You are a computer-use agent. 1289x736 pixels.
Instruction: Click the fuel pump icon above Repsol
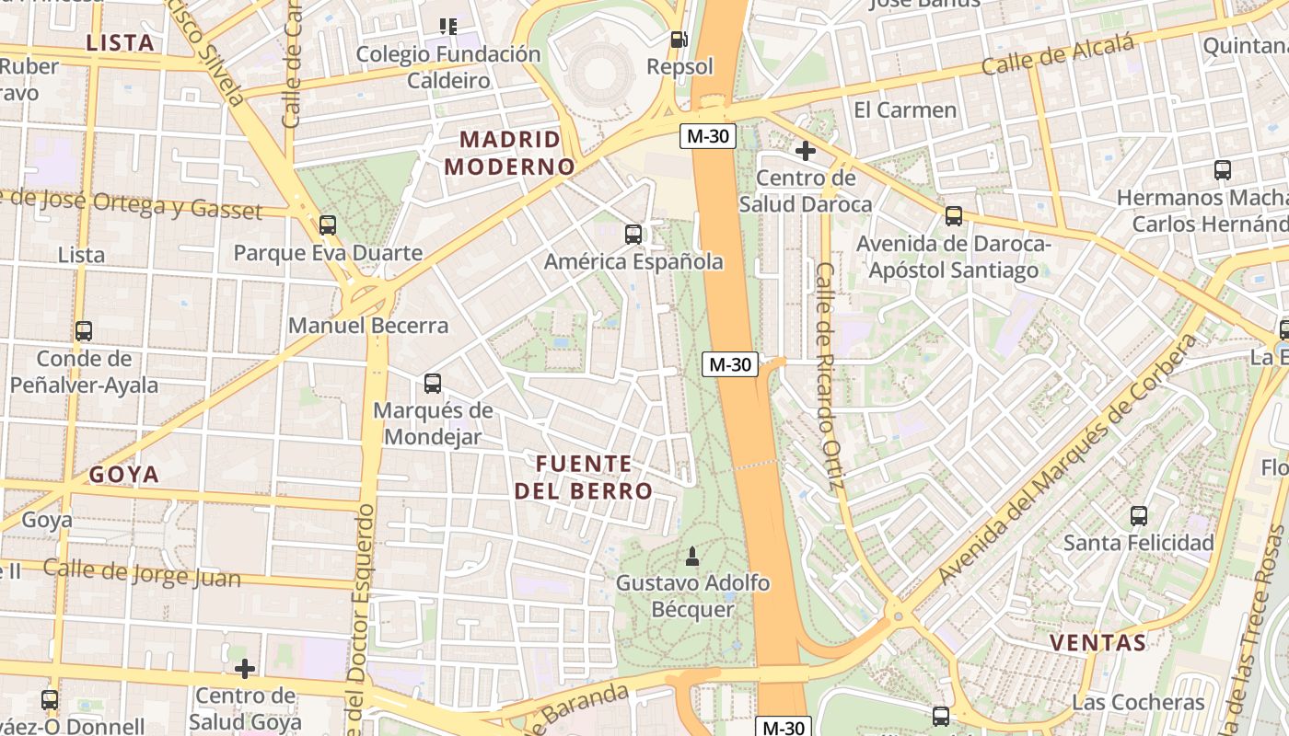click(x=679, y=40)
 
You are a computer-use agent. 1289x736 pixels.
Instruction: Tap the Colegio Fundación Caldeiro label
click(x=448, y=67)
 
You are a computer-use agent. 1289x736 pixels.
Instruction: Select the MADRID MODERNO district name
click(x=509, y=153)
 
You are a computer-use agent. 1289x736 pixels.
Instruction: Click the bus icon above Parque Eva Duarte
click(x=327, y=225)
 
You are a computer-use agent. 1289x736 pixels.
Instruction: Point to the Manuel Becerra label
click(x=368, y=326)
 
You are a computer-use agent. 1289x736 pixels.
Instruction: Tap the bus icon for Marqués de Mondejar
click(x=432, y=384)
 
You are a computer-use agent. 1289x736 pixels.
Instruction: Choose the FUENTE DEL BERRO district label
click(x=584, y=477)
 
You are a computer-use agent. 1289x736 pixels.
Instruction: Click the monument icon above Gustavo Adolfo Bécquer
click(x=692, y=556)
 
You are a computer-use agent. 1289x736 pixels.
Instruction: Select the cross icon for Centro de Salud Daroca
click(x=806, y=151)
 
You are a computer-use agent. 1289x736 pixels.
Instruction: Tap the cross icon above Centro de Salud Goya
click(x=244, y=668)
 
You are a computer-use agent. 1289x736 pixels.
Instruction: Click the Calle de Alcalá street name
click(x=1057, y=54)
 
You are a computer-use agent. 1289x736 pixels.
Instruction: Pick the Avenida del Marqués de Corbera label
click(x=1068, y=460)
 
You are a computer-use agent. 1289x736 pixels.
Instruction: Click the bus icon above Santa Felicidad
click(x=1139, y=516)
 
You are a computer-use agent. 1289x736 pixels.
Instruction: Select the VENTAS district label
click(x=1098, y=642)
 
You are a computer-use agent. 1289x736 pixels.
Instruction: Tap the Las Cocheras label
click(x=1138, y=703)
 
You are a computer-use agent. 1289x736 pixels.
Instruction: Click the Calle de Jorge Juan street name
click(x=142, y=574)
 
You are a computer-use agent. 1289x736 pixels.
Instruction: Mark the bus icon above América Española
click(x=633, y=235)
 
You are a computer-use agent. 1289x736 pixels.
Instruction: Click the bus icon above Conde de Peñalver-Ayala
click(x=84, y=331)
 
